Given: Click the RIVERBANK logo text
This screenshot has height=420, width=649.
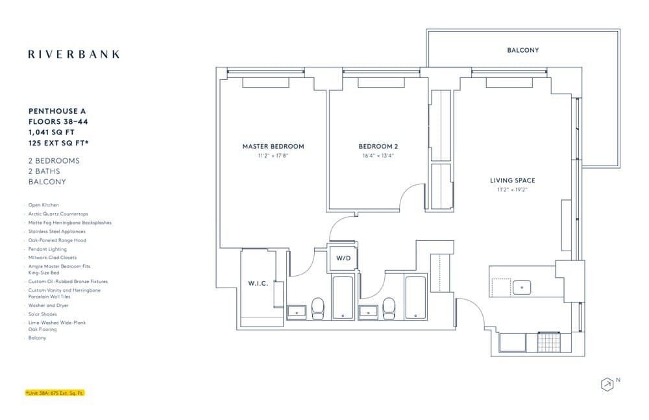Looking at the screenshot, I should (73, 55).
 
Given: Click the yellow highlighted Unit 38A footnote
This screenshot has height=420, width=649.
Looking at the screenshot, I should (55, 393).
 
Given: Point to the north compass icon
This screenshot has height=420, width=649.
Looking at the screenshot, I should (607, 384).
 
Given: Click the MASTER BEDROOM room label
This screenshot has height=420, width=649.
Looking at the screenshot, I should (273, 147).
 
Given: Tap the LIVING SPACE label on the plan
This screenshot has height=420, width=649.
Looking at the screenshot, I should (512, 180).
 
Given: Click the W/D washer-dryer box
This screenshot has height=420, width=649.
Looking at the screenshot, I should (343, 258).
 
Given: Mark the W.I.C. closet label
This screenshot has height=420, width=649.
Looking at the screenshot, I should (258, 284).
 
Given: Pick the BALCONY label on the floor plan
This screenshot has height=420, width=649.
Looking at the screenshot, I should (522, 50).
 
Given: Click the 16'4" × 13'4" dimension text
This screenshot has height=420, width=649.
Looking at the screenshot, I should (378, 156).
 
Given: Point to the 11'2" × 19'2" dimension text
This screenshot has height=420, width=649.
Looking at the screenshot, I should (512, 190).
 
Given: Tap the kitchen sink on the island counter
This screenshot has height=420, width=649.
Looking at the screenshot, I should (521, 286).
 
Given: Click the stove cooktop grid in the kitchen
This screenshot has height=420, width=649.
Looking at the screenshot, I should (548, 341).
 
